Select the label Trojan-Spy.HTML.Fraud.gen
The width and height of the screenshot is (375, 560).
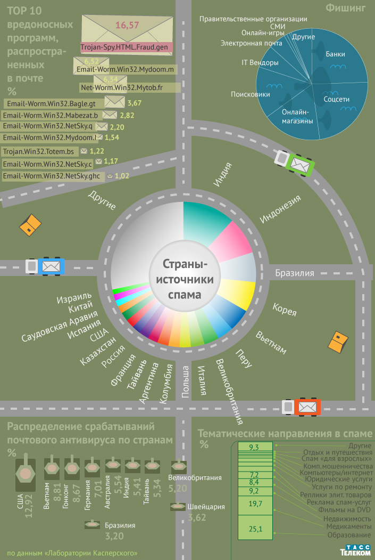pos(124,47)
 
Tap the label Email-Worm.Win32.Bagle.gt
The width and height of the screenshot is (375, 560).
pos(49,103)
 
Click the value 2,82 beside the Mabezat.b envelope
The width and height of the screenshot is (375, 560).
pos(127,115)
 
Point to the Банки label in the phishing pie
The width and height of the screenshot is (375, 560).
pos(336,54)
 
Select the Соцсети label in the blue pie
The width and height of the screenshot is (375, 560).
pos(337,99)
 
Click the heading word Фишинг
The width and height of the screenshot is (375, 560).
pos(346,8)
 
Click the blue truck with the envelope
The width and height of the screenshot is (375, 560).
pos(46,266)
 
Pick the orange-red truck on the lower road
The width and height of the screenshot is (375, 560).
pos(301,407)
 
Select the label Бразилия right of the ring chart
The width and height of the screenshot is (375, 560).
pos(295,273)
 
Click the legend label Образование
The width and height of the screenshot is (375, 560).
pos(349,534)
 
